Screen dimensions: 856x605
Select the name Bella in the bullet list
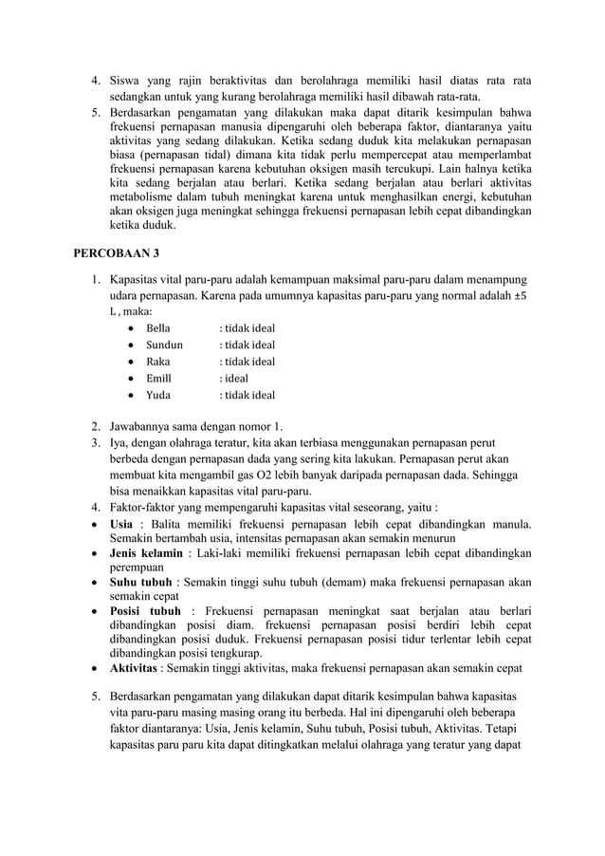[x=157, y=327]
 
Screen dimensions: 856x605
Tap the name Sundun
[x=163, y=344]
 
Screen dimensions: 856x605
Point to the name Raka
[x=156, y=362]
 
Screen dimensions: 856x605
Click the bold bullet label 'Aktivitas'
[x=135, y=668]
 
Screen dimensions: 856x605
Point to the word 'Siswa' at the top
[x=127, y=81]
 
